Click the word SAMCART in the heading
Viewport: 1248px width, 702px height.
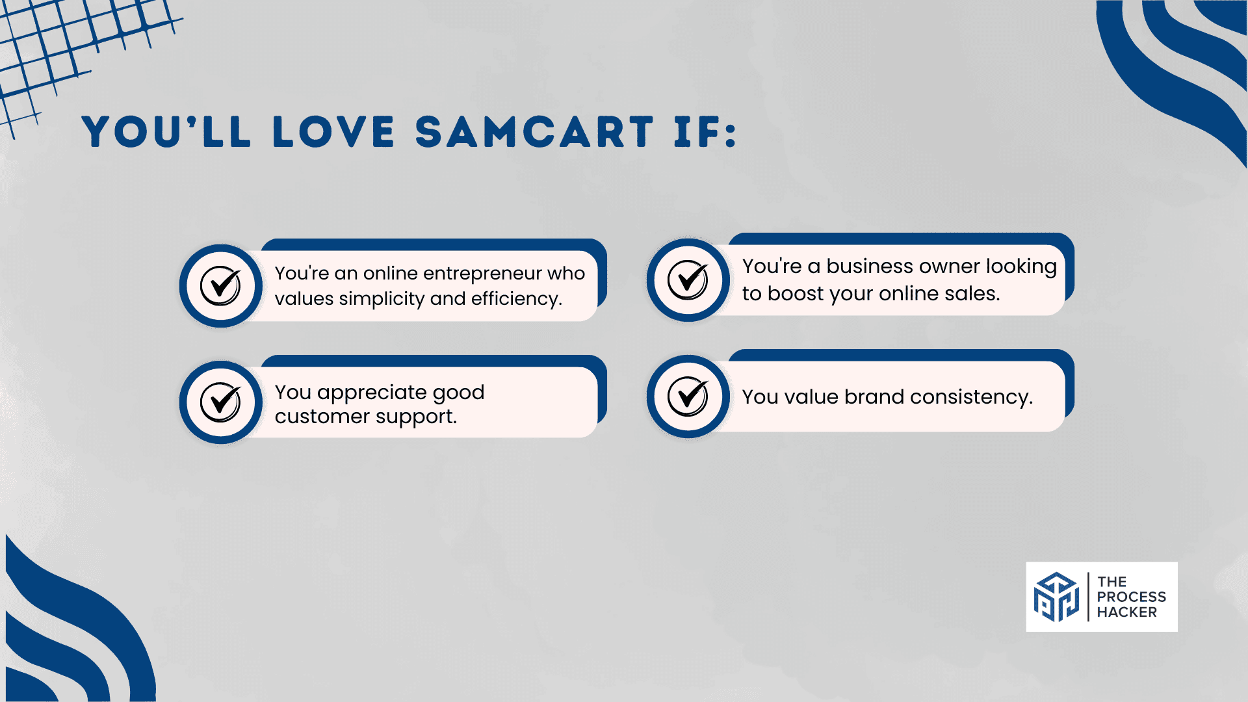pos(534,132)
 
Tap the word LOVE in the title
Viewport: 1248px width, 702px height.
pos(334,132)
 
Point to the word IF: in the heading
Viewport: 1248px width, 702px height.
pos(706,132)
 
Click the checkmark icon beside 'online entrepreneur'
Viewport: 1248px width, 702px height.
pos(220,285)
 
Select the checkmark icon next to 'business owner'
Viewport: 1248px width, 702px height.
pos(688,279)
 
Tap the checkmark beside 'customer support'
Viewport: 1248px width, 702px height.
pos(220,402)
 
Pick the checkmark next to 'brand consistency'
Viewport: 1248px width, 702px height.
pos(688,396)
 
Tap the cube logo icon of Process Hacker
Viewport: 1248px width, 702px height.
pos(1056,597)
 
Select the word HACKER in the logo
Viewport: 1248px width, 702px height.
pos(1127,612)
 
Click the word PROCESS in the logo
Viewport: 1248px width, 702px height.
pos(1132,597)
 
